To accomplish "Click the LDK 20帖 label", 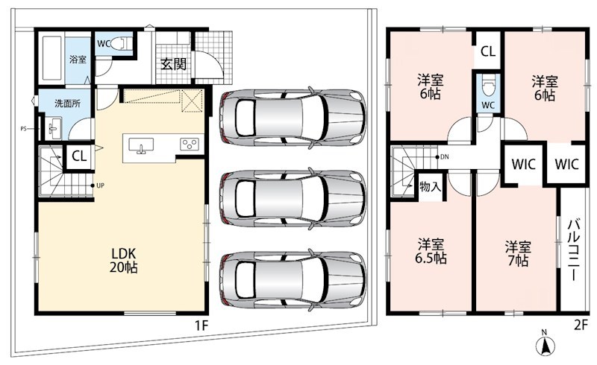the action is pos(123,261).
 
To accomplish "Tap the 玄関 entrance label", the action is pos(173,64).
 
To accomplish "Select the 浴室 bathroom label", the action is pos(78,60).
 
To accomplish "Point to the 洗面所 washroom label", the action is pos(67,103).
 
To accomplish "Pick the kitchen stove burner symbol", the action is pos(190,144).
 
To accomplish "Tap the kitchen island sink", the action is pos(141,145).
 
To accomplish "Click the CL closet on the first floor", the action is pos(79,156).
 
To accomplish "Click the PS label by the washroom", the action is pos(23,129).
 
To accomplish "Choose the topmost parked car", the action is pos(293,118).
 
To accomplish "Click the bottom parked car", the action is pos(293,280).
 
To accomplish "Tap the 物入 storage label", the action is pos(431,186).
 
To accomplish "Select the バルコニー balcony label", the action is pos(573,250).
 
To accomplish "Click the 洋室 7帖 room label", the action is pos(518,253).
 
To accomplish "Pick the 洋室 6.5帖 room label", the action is pos(431,251).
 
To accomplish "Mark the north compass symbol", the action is pos(546,344).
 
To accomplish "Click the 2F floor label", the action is pos(581,326).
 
